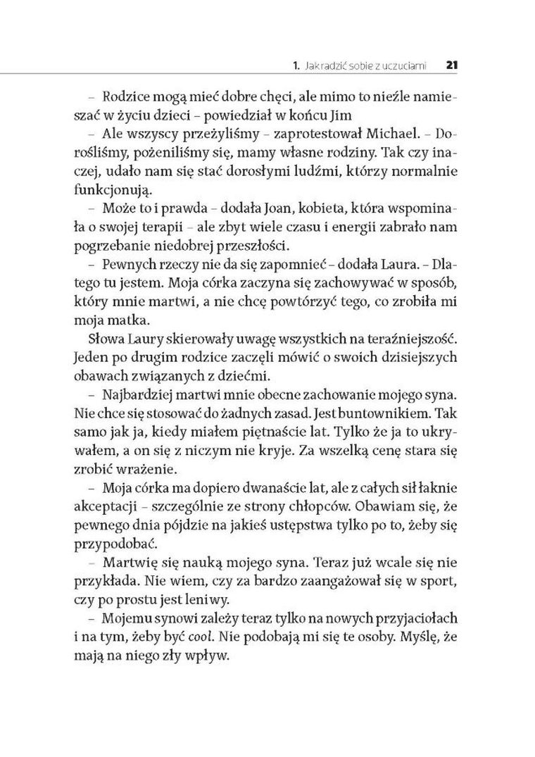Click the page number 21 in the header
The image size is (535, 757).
[x=452, y=66]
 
